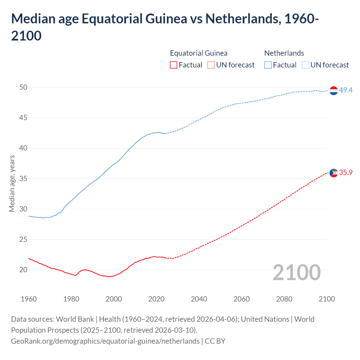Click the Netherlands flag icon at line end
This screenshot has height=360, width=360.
(333, 91)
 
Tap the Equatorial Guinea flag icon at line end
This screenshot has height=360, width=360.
(333, 173)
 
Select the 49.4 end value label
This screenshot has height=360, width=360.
(346, 90)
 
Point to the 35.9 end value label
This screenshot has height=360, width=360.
(346, 172)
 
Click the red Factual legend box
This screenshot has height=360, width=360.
(174, 65)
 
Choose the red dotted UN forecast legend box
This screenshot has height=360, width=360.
(211, 65)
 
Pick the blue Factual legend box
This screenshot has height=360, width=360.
(268, 65)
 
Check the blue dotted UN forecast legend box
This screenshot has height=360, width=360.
(305, 65)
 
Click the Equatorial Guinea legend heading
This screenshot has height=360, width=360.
(199, 53)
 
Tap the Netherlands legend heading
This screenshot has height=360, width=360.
(284, 53)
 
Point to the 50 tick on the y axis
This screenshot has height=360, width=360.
(23, 87)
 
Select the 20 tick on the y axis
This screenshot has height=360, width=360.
(23, 270)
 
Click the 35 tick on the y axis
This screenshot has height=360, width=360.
(23, 179)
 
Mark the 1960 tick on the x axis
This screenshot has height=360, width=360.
(29, 299)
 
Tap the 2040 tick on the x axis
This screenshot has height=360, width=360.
(199, 299)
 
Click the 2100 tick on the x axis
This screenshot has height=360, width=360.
(327, 299)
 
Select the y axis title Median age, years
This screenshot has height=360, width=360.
(12, 183)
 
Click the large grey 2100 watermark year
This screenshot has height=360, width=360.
(296, 273)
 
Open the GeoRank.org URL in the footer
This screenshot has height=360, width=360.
(105, 341)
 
